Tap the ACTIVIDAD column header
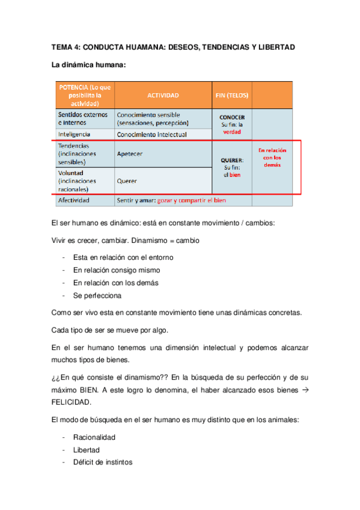point(163,95)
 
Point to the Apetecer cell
point(130,153)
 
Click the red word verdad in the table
point(232,132)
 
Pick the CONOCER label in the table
point(232,117)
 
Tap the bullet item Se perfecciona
point(97,296)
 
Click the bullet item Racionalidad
point(94,437)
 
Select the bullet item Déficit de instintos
point(103,462)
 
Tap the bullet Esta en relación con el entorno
point(123,257)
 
